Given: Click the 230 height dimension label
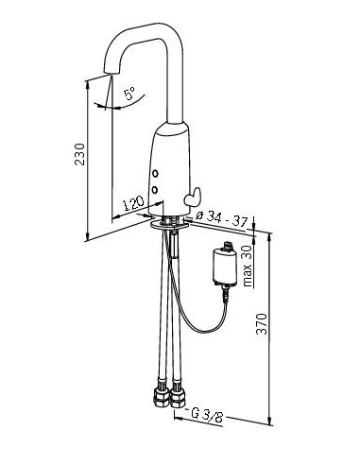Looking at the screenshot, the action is coord(79,154).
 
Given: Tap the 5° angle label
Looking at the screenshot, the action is coord(129,94).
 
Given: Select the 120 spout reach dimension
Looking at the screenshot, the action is coord(133,203).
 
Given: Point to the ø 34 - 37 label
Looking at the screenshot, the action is coord(221,219).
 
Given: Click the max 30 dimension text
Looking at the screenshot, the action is coord(248,267).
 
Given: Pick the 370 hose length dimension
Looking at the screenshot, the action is coord(262,324).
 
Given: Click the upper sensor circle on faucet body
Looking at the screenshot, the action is coord(155,174).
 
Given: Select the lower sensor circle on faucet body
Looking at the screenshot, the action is coord(155,190).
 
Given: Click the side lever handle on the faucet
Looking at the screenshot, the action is coord(193,197).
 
